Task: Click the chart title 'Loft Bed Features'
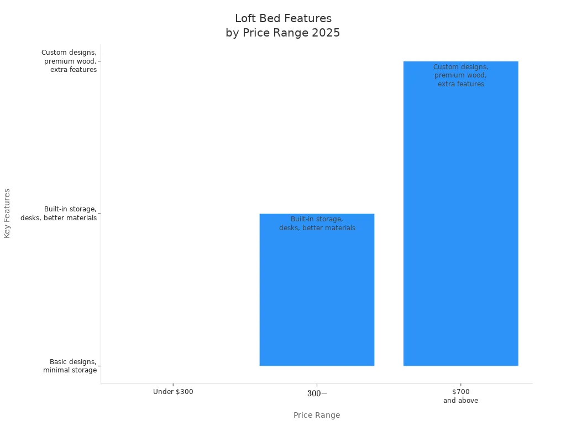(283, 19)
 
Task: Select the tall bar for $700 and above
(460, 221)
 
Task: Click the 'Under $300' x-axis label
(173, 392)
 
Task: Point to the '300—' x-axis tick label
(317, 393)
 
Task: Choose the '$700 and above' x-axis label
(460, 396)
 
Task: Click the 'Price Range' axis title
(317, 415)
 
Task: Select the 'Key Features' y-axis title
(7, 213)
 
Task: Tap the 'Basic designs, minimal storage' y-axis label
(70, 366)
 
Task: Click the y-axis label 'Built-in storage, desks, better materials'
(59, 214)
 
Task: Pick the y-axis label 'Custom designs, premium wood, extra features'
(69, 61)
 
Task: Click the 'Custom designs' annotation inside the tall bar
(460, 75)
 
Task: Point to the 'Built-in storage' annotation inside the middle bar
(317, 224)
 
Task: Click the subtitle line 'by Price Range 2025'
(283, 33)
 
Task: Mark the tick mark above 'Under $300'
(173, 384)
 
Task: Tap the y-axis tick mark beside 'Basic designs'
(99, 366)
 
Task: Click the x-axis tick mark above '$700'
(460, 384)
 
